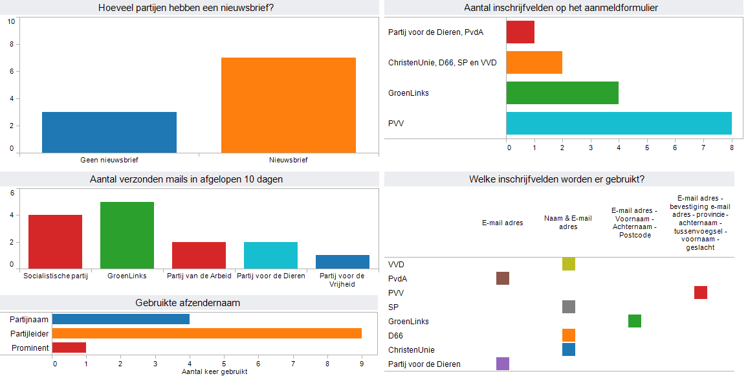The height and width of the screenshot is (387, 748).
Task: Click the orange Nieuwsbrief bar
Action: (288, 105)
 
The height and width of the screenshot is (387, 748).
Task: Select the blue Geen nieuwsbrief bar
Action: (109, 132)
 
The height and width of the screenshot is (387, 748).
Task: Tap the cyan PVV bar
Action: (619, 123)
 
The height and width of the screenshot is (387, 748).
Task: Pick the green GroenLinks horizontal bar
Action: (562, 93)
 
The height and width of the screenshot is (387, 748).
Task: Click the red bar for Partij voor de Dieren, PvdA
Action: (520, 32)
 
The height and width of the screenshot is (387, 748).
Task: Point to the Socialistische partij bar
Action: (55, 241)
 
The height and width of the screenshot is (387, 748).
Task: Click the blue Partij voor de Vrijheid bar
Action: (342, 261)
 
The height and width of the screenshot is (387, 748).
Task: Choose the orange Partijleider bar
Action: (206, 333)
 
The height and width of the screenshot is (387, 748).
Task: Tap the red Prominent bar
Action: (69, 348)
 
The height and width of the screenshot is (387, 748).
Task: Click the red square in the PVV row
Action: (700, 293)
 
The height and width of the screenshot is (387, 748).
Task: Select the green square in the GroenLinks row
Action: (634, 321)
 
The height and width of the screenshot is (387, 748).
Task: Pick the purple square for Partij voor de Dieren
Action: (502, 364)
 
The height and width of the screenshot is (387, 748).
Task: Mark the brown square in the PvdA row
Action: (502, 278)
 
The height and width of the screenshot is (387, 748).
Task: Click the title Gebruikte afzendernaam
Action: (188, 302)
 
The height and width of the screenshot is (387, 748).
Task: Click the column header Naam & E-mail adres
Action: (567, 223)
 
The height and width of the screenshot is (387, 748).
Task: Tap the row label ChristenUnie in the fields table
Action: (411, 349)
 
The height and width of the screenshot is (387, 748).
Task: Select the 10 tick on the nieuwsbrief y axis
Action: (11, 21)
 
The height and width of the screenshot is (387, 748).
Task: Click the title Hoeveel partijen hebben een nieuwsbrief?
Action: (190, 8)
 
